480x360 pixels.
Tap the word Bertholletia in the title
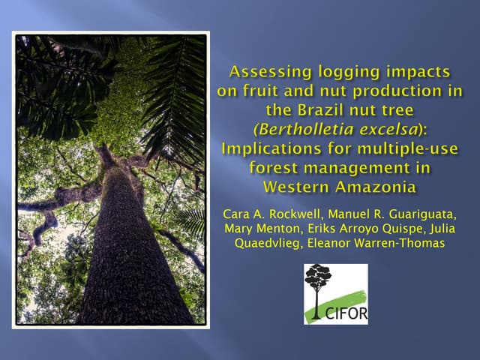click(310, 128)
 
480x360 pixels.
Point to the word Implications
click(270, 147)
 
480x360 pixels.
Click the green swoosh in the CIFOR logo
click(349, 297)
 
